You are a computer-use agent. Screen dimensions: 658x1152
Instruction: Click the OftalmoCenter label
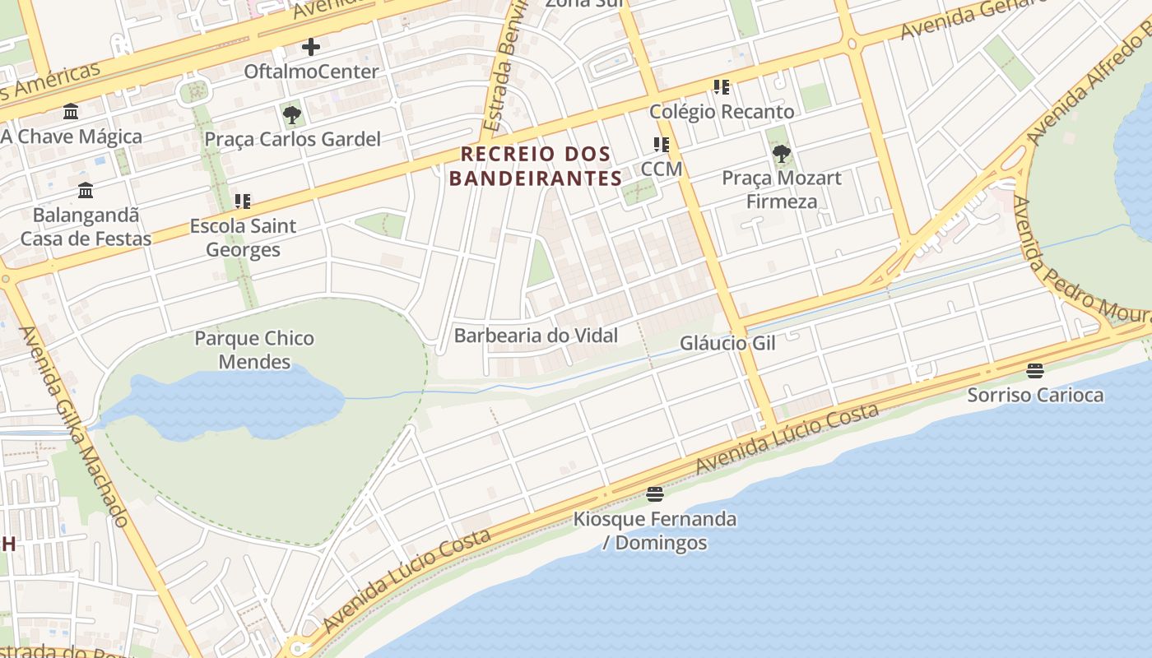tap(311, 72)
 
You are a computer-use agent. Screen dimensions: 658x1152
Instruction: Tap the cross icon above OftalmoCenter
tap(311, 47)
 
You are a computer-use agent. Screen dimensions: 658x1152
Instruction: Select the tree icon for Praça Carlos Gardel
tap(292, 114)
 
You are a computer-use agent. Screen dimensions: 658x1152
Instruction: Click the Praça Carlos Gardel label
tap(292, 139)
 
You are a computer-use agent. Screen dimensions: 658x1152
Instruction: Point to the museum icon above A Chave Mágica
tap(71, 111)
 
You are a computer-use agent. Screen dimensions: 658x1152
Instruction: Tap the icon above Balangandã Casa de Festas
tap(86, 191)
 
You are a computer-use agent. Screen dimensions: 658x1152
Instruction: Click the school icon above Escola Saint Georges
tap(243, 201)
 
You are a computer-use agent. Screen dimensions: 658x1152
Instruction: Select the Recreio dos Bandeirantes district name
tap(536, 166)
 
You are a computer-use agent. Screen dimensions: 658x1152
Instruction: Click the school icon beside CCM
tap(662, 145)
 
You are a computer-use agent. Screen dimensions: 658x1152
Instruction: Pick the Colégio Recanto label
tap(722, 112)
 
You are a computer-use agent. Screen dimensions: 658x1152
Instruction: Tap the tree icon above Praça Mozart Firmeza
tap(782, 153)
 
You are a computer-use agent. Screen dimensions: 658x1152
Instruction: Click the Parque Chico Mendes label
tap(254, 350)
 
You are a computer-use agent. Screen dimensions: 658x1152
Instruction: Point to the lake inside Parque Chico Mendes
tap(222, 403)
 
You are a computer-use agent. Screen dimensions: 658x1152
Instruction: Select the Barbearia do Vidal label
tap(536, 336)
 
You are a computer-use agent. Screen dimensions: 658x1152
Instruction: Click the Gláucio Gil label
tap(727, 343)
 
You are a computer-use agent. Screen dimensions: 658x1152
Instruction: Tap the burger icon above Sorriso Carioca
tap(1035, 371)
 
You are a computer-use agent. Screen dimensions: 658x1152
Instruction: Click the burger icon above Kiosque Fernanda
tap(655, 494)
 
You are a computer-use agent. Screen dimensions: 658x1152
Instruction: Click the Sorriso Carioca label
tap(1035, 395)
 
